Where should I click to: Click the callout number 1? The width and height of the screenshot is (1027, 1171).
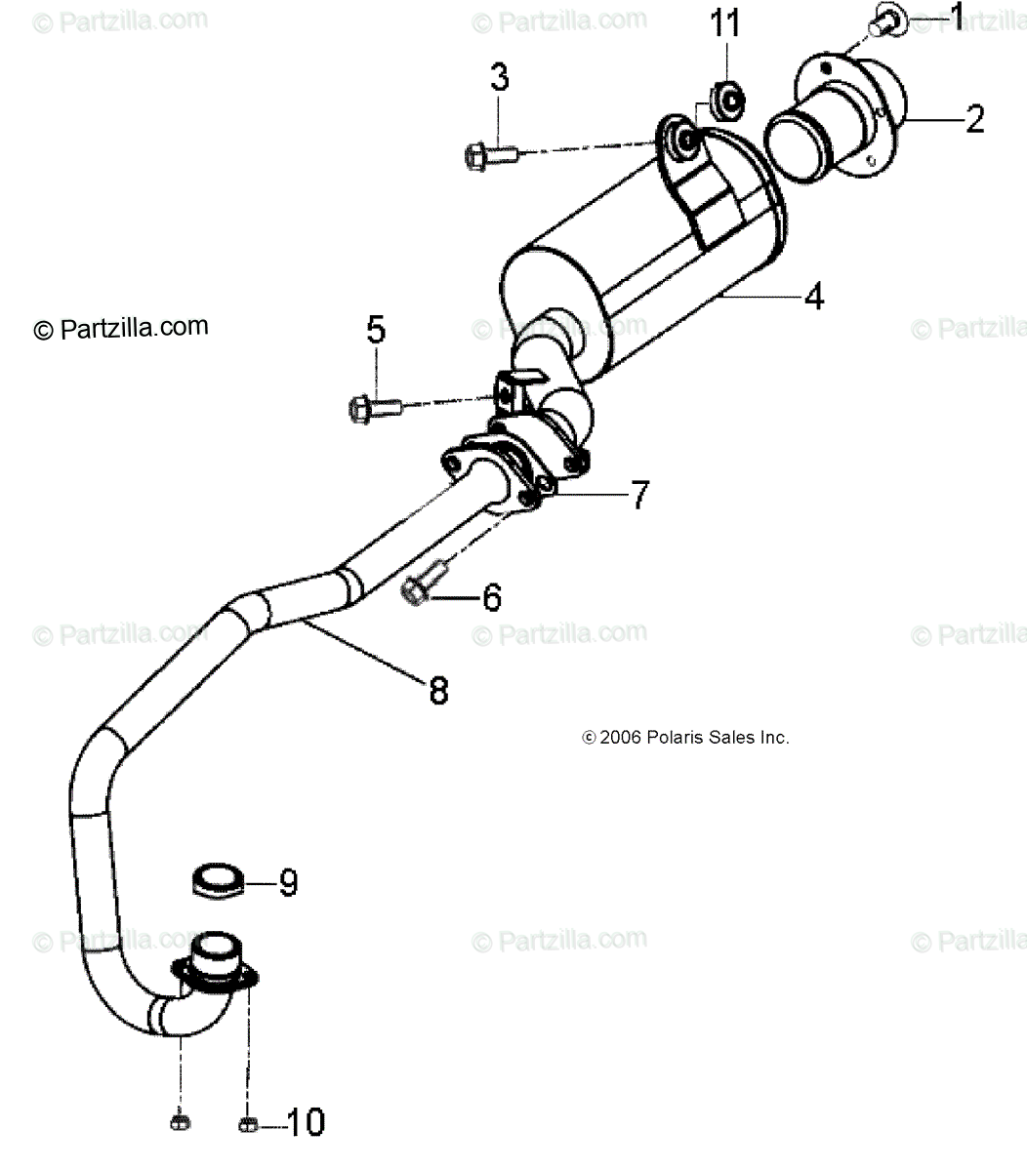[x=956, y=14]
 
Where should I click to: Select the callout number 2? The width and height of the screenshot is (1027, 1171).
[x=973, y=118]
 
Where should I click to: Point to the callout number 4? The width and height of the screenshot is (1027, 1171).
[x=813, y=295]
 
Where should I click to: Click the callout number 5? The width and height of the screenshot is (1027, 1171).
[x=376, y=330]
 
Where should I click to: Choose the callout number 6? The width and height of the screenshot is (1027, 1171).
[x=491, y=596]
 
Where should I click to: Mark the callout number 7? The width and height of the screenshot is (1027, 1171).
[x=637, y=496]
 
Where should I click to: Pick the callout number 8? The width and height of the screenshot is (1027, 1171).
[x=438, y=691]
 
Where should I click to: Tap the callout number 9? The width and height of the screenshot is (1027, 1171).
[x=287, y=883]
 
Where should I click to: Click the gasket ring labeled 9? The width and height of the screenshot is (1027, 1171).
[x=217, y=879]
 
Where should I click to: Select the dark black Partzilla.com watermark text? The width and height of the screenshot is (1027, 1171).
[x=121, y=329]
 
